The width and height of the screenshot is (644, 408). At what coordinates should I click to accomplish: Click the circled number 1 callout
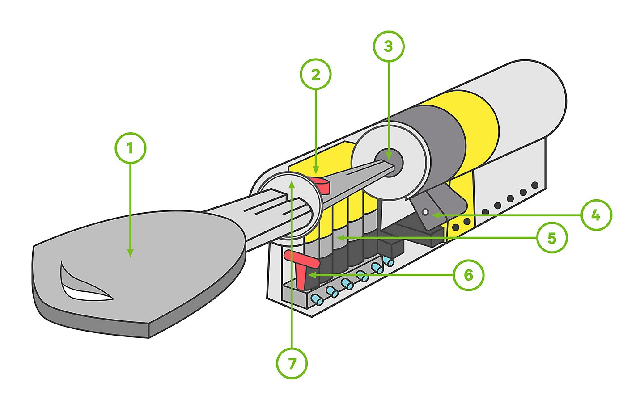pos(130,148)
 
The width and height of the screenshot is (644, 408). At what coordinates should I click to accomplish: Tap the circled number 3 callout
pos(388,46)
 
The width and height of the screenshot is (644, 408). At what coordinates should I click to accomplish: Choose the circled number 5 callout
pos(551,238)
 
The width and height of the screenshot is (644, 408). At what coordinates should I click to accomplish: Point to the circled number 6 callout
pos(468,275)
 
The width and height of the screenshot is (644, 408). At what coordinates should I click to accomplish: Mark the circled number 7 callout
pos(292,364)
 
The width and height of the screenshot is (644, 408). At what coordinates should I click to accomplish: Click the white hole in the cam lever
pos(426,212)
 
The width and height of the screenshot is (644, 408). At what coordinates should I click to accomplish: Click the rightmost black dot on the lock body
pos(534,185)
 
